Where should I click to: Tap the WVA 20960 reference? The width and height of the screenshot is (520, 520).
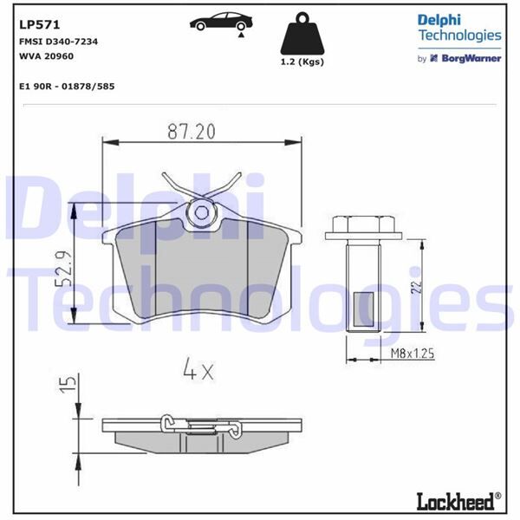pos(43,55)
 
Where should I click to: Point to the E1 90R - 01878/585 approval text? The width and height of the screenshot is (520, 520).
pos(66,87)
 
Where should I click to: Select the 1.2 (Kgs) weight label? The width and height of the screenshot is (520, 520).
pos(302,63)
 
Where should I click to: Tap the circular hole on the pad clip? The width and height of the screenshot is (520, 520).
pos(202,211)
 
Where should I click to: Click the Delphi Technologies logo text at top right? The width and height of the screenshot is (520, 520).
pos(459,27)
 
